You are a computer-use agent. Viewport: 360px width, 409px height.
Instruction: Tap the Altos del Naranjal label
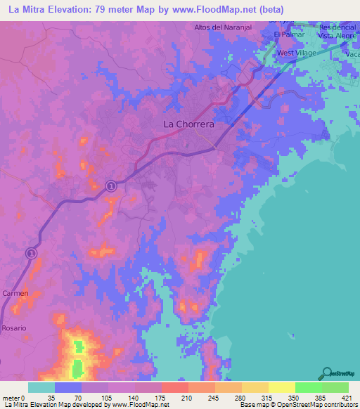pos(223,27)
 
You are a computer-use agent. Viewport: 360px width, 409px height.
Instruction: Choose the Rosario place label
pos(13,328)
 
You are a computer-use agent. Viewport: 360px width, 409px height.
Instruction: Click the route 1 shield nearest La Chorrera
pos(111,185)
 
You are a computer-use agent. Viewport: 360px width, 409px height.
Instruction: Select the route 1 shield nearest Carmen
pos(31,252)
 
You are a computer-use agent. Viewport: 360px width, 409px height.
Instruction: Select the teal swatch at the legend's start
pos(41,387)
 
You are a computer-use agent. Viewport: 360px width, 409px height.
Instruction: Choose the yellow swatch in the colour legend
pos(281,387)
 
